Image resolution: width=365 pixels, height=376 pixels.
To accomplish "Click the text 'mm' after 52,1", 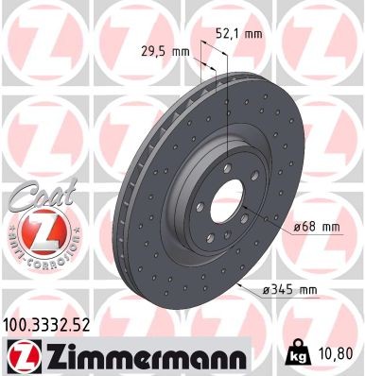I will pos(252,34).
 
